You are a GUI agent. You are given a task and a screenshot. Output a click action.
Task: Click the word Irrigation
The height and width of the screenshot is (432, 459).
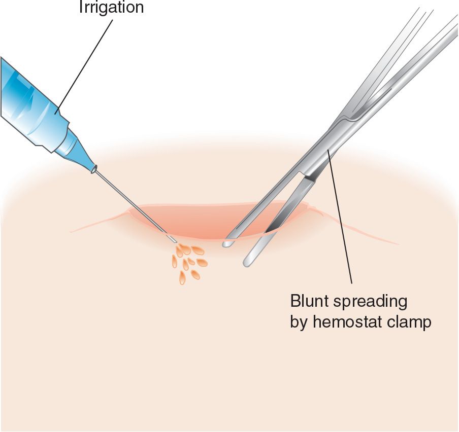click(111, 7)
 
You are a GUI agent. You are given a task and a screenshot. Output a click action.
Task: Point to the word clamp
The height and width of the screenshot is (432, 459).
click(410, 322)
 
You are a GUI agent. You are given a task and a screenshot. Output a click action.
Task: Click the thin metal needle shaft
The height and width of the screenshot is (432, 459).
click(132, 203)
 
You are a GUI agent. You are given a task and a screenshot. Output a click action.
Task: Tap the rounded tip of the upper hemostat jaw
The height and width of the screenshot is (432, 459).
click(226, 244)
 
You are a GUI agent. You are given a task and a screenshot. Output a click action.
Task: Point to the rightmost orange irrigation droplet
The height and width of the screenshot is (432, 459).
click(202, 262)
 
